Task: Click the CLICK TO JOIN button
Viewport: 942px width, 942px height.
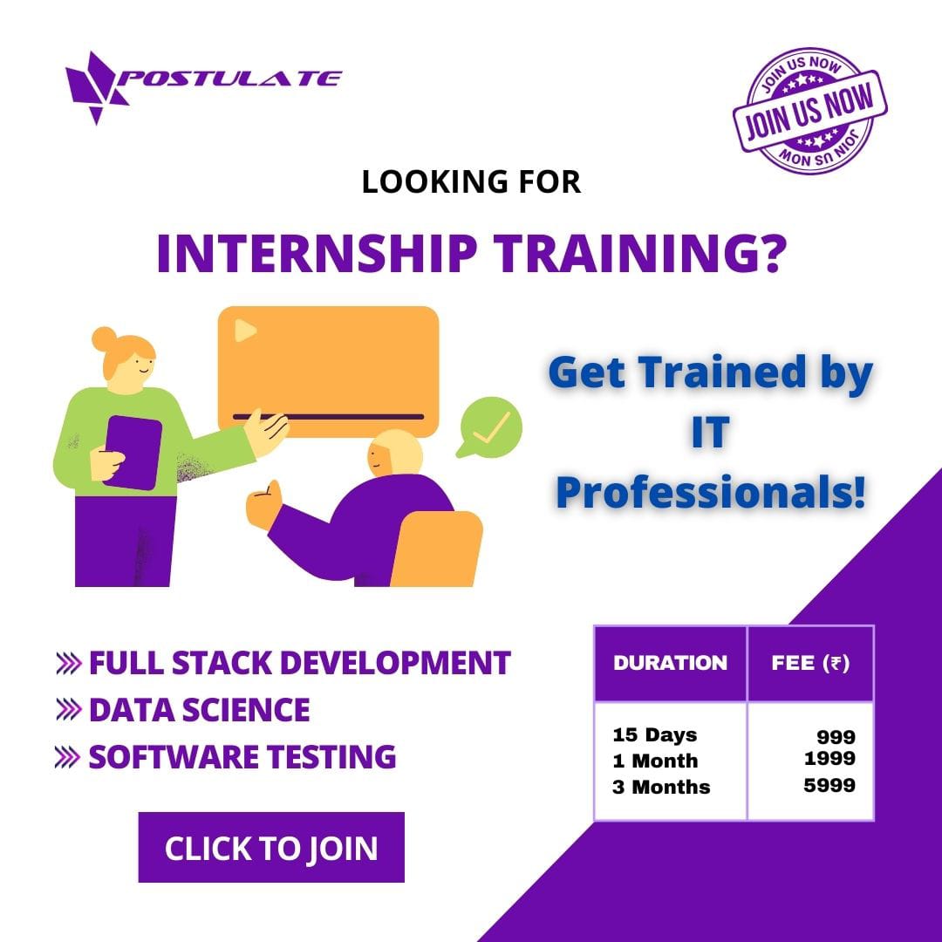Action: [271, 848]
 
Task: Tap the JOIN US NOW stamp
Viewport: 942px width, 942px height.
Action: [810, 107]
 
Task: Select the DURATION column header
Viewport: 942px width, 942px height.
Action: [670, 663]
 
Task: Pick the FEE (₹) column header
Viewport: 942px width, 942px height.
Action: [810, 663]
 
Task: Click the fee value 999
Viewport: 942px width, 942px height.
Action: [836, 738]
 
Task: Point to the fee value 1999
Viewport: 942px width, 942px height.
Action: [829, 759]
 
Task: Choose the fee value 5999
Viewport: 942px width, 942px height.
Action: [829, 786]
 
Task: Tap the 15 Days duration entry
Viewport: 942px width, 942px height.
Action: [655, 734]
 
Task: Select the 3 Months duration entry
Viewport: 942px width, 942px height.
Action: [661, 787]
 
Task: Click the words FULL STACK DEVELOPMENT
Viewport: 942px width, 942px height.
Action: [299, 663]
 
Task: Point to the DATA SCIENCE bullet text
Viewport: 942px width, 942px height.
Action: [199, 710]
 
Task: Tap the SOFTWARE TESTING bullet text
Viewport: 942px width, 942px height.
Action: [242, 756]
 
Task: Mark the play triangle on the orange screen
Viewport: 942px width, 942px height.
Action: [245, 330]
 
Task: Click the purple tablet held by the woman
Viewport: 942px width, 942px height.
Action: [133, 451]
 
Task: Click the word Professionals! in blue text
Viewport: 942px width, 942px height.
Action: [711, 494]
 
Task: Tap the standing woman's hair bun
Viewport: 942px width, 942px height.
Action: [104, 338]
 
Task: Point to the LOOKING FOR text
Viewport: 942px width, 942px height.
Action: [471, 182]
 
